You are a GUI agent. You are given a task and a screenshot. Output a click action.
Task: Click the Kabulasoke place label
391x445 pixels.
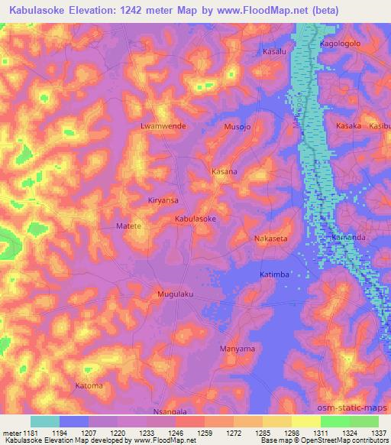(x=196, y=219)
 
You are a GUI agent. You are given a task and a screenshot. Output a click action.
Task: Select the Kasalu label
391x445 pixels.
(x=274, y=51)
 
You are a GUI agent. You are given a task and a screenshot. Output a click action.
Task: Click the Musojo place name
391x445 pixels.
(x=237, y=126)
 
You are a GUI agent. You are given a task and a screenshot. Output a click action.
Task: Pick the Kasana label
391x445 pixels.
(x=225, y=172)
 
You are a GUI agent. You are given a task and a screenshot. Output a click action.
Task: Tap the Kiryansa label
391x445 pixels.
(x=163, y=200)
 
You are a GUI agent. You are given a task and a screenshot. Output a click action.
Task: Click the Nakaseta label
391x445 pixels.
(x=271, y=239)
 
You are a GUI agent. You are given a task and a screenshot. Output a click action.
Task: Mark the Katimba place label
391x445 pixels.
(x=273, y=273)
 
